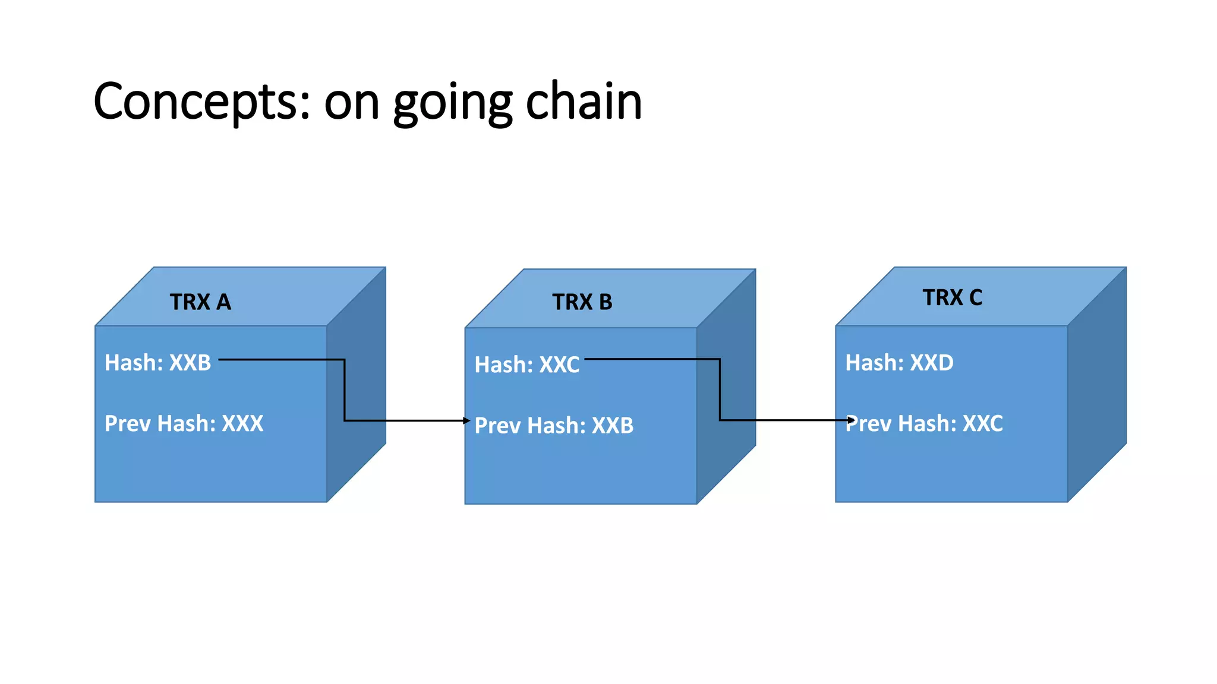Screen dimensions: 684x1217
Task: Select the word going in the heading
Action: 452,104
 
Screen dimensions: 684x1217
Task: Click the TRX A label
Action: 200,302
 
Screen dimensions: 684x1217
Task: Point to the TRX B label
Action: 582,302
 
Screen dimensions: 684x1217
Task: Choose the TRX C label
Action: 952,297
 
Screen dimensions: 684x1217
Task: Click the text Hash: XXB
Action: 157,363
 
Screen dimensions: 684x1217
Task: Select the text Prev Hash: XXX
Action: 184,424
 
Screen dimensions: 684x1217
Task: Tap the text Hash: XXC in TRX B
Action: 526,365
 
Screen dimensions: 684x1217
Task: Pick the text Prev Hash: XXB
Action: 554,426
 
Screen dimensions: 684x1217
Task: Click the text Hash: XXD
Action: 899,363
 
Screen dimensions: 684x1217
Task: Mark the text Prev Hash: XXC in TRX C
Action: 924,424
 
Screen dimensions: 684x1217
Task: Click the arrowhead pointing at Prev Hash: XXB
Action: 467,420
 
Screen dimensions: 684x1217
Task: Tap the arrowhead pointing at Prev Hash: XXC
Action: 852,420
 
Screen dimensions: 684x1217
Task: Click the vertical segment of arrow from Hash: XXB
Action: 345,390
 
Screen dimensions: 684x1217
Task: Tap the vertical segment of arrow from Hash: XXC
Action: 720,389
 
